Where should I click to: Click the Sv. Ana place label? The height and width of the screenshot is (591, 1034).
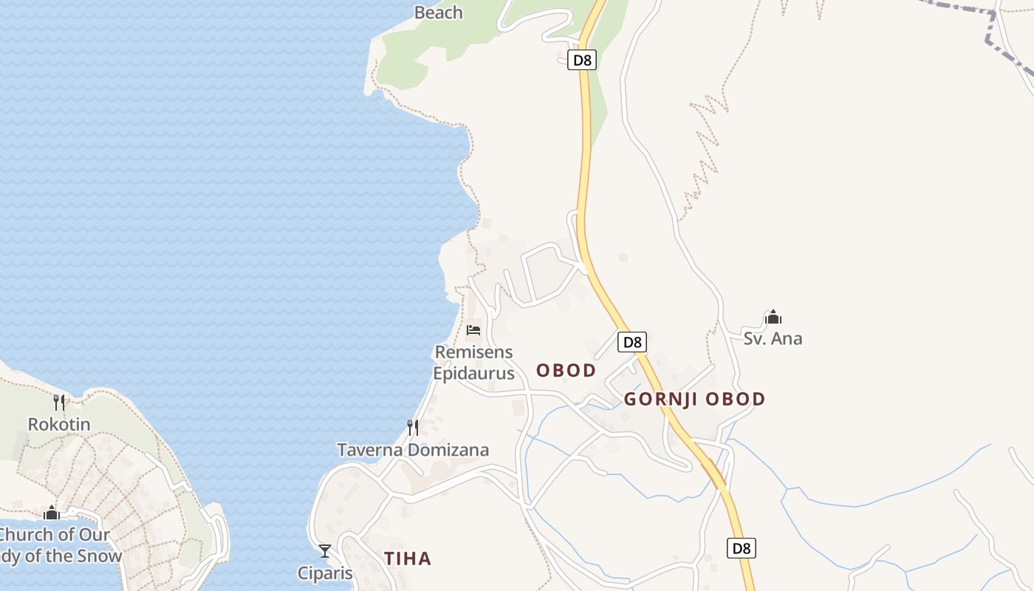[773, 339]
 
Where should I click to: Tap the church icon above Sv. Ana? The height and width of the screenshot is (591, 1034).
[773, 317]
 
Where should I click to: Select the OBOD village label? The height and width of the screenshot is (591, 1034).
[566, 370]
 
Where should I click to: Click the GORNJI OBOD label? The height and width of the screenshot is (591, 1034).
[694, 399]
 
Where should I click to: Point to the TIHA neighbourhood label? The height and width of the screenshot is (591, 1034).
[407, 558]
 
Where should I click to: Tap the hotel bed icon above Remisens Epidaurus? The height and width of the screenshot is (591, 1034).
[473, 329]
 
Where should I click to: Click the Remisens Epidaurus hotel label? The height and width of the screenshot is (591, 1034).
[473, 363]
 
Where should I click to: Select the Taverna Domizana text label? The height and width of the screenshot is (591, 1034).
[413, 450]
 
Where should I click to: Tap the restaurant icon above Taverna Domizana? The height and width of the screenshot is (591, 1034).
[413, 427]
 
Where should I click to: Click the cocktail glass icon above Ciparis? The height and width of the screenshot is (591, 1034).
[325, 550]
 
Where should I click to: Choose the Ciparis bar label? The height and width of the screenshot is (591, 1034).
[325, 573]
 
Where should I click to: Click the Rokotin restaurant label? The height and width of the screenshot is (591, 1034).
[59, 425]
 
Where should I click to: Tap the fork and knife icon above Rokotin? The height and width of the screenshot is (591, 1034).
[59, 402]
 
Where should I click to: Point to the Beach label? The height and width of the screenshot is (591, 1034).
[438, 13]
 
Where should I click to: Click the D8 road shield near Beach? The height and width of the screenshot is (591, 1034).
[582, 60]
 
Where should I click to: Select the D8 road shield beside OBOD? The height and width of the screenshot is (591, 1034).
[631, 342]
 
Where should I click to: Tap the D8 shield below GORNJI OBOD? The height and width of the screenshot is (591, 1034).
[742, 548]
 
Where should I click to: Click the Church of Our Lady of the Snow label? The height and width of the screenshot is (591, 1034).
[55, 545]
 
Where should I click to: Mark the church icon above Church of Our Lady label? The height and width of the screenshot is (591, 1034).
[52, 513]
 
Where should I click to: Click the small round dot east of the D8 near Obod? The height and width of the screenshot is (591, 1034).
[623, 258]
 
